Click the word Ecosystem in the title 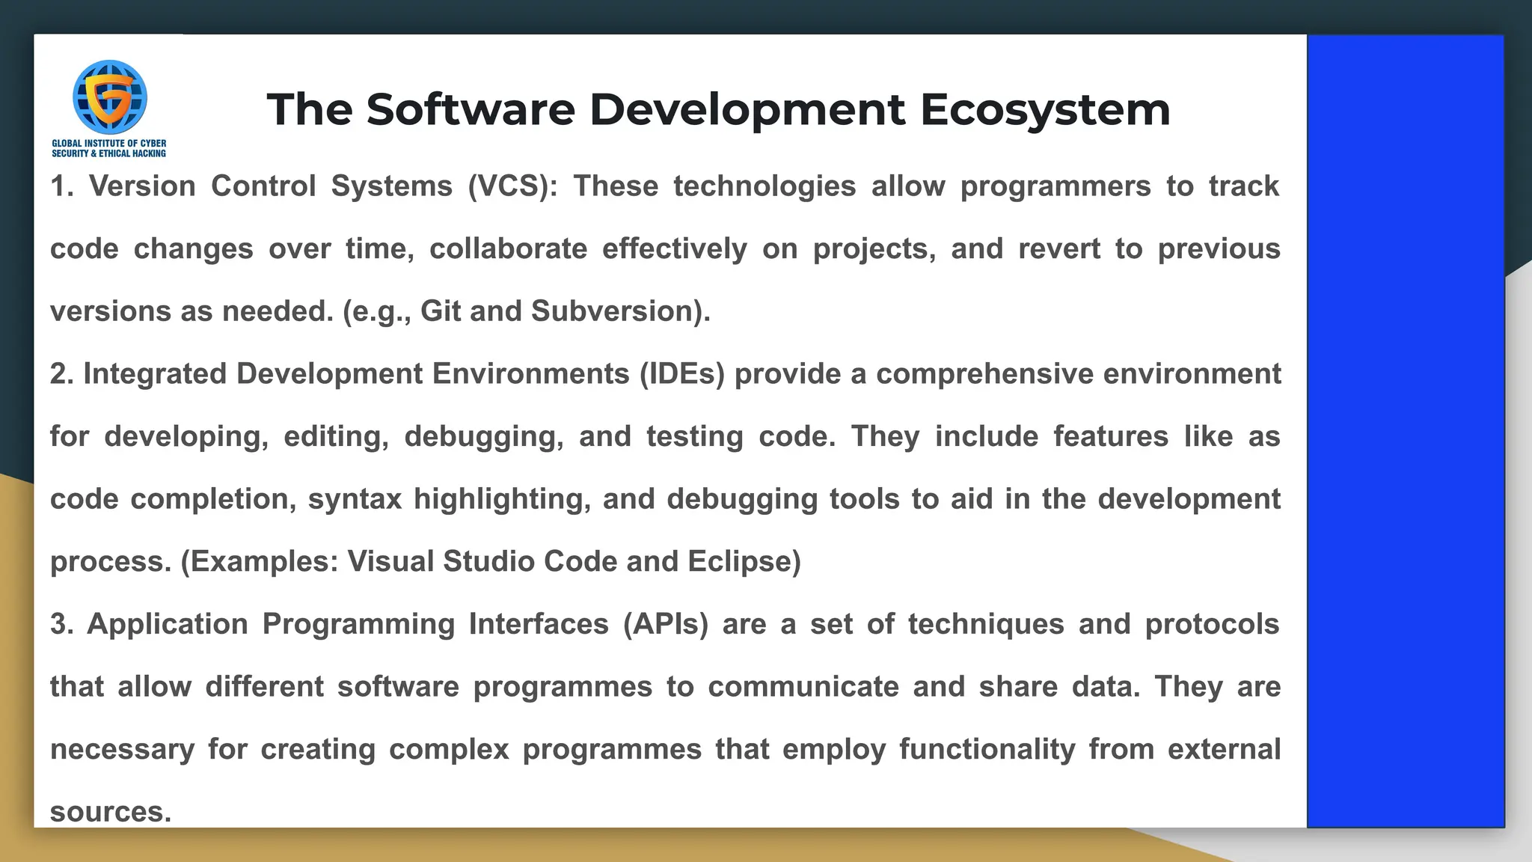(x=1044, y=109)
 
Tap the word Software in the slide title (x=471, y=109)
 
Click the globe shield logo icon (x=109, y=97)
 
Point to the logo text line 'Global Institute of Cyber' (x=109, y=144)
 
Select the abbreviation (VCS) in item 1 (x=512, y=186)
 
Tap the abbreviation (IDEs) (x=681, y=374)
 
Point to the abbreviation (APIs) (x=665, y=625)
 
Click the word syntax (x=355, y=500)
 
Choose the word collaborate (x=508, y=249)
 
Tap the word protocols (x=1212, y=625)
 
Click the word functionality (x=987, y=750)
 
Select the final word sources (x=110, y=812)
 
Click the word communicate (x=803, y=687)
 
